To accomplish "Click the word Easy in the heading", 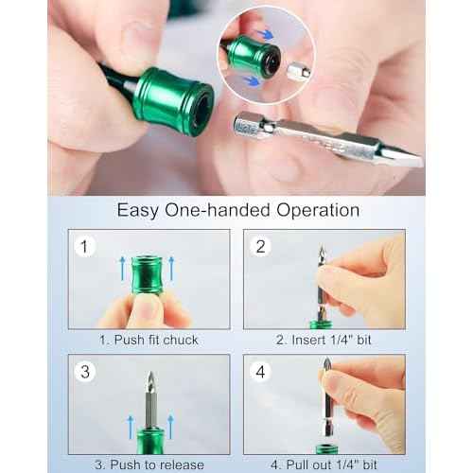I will tap(138, 210).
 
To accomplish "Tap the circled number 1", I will tap(87, 249).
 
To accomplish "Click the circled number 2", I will tap(262, 249).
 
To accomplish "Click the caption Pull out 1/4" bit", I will tap(323, 464).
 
